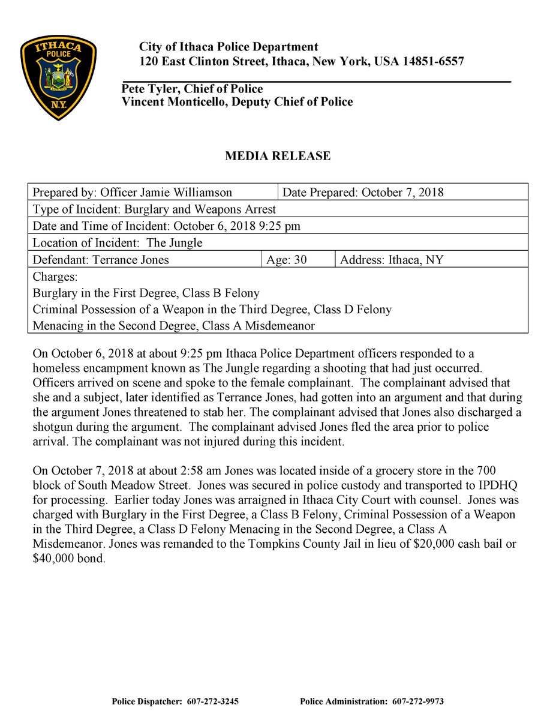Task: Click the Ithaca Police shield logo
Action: tap(58, 77)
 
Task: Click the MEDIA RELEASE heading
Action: tap(278, 156)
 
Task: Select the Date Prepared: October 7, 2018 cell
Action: tap(362, 193)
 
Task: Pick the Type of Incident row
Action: tap(154, 209)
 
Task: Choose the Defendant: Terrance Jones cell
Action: tap(101, 260)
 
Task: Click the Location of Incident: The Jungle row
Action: tap(118, 243)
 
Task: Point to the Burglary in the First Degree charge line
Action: tap(146, 293)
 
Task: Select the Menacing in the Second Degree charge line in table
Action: tap(174, 326)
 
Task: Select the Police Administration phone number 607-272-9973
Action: tap(418, 701)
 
